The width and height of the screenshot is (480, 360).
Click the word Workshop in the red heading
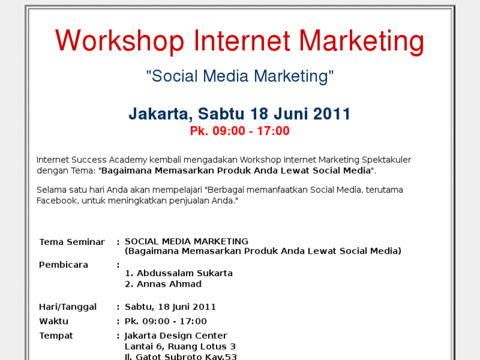(x=120, y=41)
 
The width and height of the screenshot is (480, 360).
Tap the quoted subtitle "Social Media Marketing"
(x=240, y=76)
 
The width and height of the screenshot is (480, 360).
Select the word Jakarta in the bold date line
(x=157, y=114)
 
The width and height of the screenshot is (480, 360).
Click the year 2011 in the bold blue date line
(x=331, y=114)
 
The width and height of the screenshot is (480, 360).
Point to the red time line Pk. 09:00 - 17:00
(x=240, y=131)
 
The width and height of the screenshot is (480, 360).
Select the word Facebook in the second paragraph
(x=57, y=200)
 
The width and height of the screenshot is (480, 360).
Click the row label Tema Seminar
(x=72, y=242)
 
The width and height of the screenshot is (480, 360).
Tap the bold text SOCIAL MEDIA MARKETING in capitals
(x=186, y=241)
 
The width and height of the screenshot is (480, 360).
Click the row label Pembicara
(x=63, y=265)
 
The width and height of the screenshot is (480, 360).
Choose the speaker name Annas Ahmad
(x=168, y=284)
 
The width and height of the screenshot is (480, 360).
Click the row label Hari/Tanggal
(x=68, y=306)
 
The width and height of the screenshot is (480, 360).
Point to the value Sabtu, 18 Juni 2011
(x=170, y=306)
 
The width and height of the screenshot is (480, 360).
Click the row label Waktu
(x=53, y=321)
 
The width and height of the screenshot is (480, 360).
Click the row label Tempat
(x=56, y=336)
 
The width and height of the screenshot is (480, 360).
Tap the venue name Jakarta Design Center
(x=176, y=336)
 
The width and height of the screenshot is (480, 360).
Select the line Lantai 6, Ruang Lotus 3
(x=180, y=347)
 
